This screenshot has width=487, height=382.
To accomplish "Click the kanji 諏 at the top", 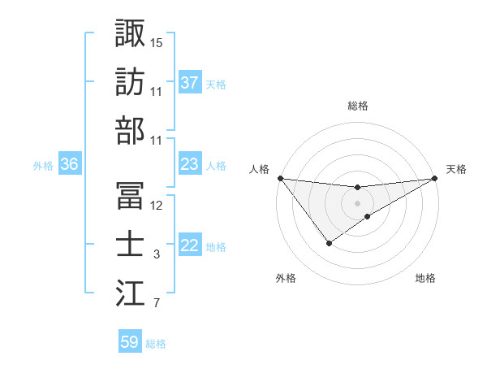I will (x=131, y=33).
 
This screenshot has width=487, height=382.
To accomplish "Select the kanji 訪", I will (x=131, y=83).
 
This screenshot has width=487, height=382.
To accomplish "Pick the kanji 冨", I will (x=131, y=196).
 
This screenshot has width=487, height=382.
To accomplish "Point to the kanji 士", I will (x=131, y=245).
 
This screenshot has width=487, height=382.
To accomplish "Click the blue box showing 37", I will (x=190, y=83).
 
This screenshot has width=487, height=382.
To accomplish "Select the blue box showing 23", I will (x=190, y=164).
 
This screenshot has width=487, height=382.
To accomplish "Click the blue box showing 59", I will (x=130, y=342).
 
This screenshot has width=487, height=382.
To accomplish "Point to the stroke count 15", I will (x=157, y=42).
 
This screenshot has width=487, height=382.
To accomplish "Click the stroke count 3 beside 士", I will (x=157, y=255).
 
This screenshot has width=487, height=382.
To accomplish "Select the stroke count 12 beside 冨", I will (x=157, y=206).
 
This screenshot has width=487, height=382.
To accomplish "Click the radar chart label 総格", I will (x=358, y=106).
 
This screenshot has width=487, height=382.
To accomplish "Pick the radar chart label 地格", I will (x=425, y=278).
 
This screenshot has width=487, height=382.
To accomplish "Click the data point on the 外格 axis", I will (x=330, y=243).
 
